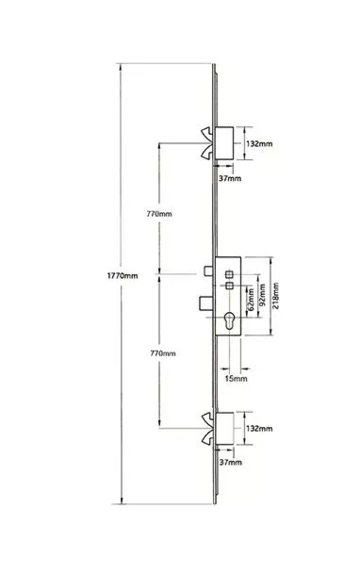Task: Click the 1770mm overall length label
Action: tap(123, 276)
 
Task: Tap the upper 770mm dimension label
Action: tap(159, 214)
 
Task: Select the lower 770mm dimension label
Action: tap(163, 353)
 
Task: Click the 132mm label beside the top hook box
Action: tap(259, 144)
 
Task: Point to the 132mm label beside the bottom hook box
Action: tap(259, 428)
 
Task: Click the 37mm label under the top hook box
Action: tap(230, 178)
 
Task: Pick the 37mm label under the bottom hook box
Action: tap(230, 463)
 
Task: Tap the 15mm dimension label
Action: tap(236, 379)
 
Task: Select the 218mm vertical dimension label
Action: tap(275, 296)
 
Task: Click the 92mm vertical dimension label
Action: tap(262, 296)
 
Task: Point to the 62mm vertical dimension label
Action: tap(251, 300)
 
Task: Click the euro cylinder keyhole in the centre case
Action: tap(229, 320)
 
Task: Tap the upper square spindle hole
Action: tap(229, 274)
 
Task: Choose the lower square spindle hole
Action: tap(229, 286)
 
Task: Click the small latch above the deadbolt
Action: tap(208, 271)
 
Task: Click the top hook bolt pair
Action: tap(207, 143)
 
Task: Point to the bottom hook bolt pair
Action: tap(207, 428)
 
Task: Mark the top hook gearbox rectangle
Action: tap(224, 143)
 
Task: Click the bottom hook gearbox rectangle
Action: tap(224, 429)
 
